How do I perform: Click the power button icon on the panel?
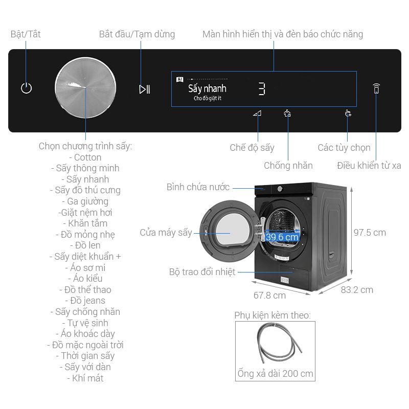coord(27,88)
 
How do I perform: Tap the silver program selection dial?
coord(86,88)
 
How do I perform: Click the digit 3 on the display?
coord(261,89)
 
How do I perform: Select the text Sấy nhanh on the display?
coord(207,88)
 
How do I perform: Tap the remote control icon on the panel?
coord(376,88)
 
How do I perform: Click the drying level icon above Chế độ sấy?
coord(257,113)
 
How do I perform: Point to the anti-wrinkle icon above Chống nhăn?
coord(287,113)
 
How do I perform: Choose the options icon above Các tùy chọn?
coord(348,113)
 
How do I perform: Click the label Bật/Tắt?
coord(26,34)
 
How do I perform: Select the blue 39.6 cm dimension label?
coord(282,237)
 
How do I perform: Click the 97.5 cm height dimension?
coord(370,232)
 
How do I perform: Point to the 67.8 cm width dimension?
coord(269,296)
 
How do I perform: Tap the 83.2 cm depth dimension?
coord(357,290)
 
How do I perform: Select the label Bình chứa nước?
coord(198,187)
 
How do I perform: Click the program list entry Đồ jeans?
coord(85,301)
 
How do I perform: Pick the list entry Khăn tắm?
coord(87,223)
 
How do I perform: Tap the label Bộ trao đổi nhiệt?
coord(202,272)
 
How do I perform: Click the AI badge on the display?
coord(179,79)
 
